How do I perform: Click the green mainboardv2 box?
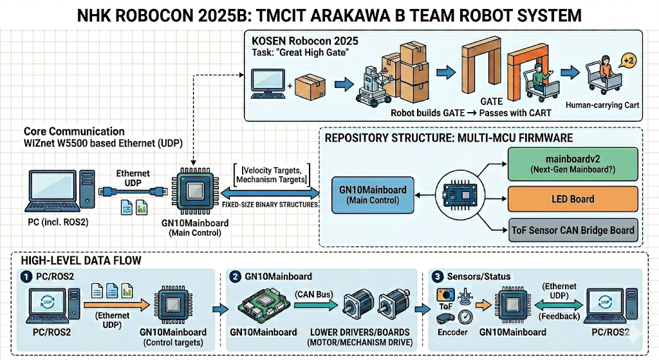pos(573,164)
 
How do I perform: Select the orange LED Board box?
pos(573,199)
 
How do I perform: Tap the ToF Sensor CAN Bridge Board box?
pos(573,230)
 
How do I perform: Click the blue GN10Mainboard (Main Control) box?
pos(373,195)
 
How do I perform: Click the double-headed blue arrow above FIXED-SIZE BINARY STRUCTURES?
pos(271,193)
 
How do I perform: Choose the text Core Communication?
pos(74,131)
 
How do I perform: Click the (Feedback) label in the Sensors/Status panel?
pos(558,316)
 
